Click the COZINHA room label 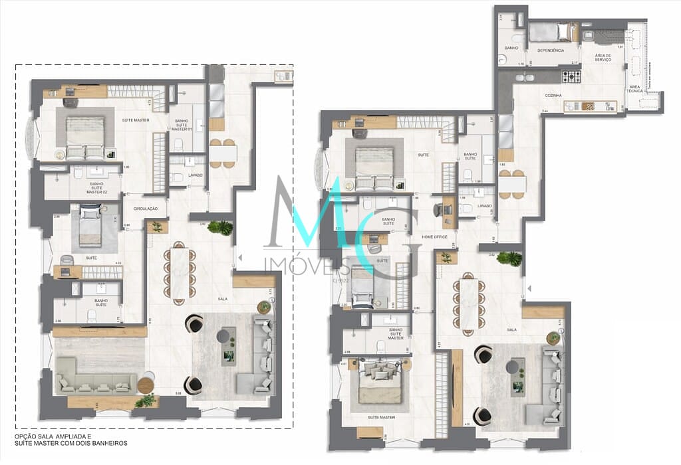[553, 96]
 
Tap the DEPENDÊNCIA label [551, 50]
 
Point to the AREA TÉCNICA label [635, 88]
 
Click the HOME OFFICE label [434, 236]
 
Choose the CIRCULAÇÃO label [146, 209]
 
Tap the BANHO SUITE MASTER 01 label [182, 125]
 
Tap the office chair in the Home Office [438, 211]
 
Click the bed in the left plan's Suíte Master [85, 136]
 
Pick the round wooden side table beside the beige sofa [146, 386]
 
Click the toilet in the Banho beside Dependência [503, 58]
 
